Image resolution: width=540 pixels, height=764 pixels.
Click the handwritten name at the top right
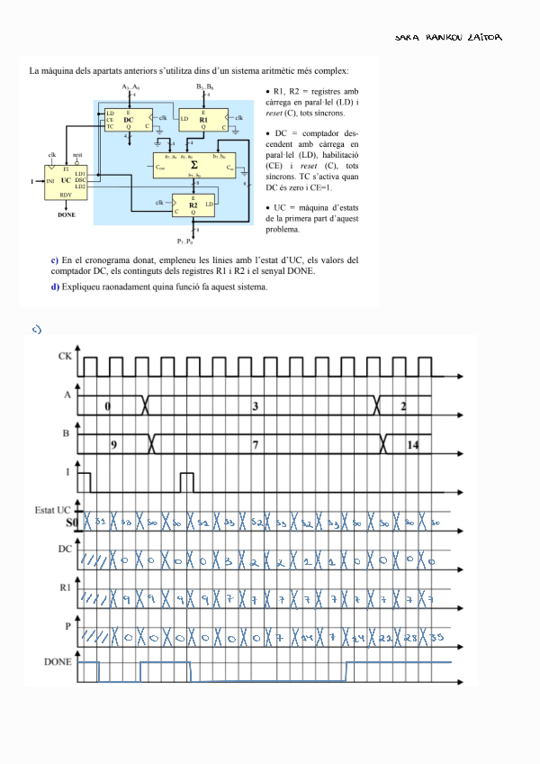pyautogui.click(x=448, y=37)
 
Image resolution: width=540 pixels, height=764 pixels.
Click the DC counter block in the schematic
pyautogui.click(x=128, y=119)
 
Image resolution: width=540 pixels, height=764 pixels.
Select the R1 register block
pyautogui.click(x=203, y=119)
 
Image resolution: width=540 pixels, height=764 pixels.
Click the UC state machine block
pyautogui.click(x=67, y=181)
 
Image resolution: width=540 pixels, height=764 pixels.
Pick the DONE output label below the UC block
pyautogui.click(x=67, y=216)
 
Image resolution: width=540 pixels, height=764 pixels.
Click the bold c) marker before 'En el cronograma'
pyautogui.click(x=56, y=259)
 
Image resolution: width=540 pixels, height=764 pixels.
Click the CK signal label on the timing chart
pyautogui.click(x=65, y=357)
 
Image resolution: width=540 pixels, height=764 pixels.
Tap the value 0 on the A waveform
pyautogui.click(x=107, y=406)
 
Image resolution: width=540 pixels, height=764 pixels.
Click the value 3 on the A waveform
pyautogui.click(x=256, y=406)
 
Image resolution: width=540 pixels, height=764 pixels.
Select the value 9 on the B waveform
pyautogui.click(x=113, y=445)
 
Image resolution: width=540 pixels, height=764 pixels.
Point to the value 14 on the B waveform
pyautogui.click(x=413, y=445)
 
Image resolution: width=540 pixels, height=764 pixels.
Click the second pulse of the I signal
pyautogui.click(x=186, y=482)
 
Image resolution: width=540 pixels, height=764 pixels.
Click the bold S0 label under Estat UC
pyautogui.click(x=72, y=522)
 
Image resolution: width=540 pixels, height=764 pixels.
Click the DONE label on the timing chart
pyautogui.click(x=58, y=662)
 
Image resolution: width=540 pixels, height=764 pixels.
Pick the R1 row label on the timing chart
pyautogui.click(x=65, y=587)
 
